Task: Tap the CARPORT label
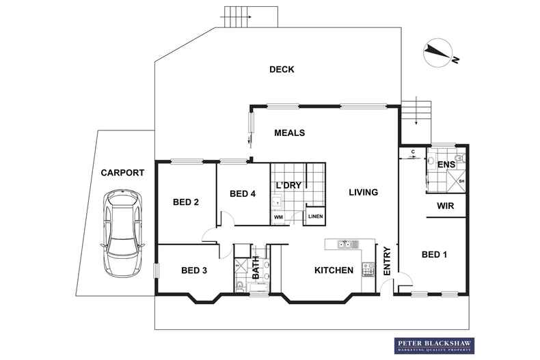coord(122,174)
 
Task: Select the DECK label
coord(281,69)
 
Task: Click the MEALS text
coord(289,133)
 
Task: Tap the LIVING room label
coord(362,193)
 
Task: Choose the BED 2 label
coord(185,202)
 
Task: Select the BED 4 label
coord(243,194)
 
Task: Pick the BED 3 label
coord(194,271)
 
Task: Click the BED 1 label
coord(434,255)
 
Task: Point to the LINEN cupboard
coord(315,217)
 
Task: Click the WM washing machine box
coord(278,217)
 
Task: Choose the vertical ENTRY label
coord(386,261)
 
